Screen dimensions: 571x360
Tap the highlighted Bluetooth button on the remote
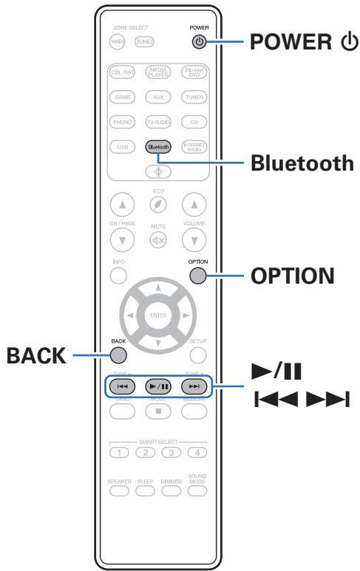157,147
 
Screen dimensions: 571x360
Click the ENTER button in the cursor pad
157,316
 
